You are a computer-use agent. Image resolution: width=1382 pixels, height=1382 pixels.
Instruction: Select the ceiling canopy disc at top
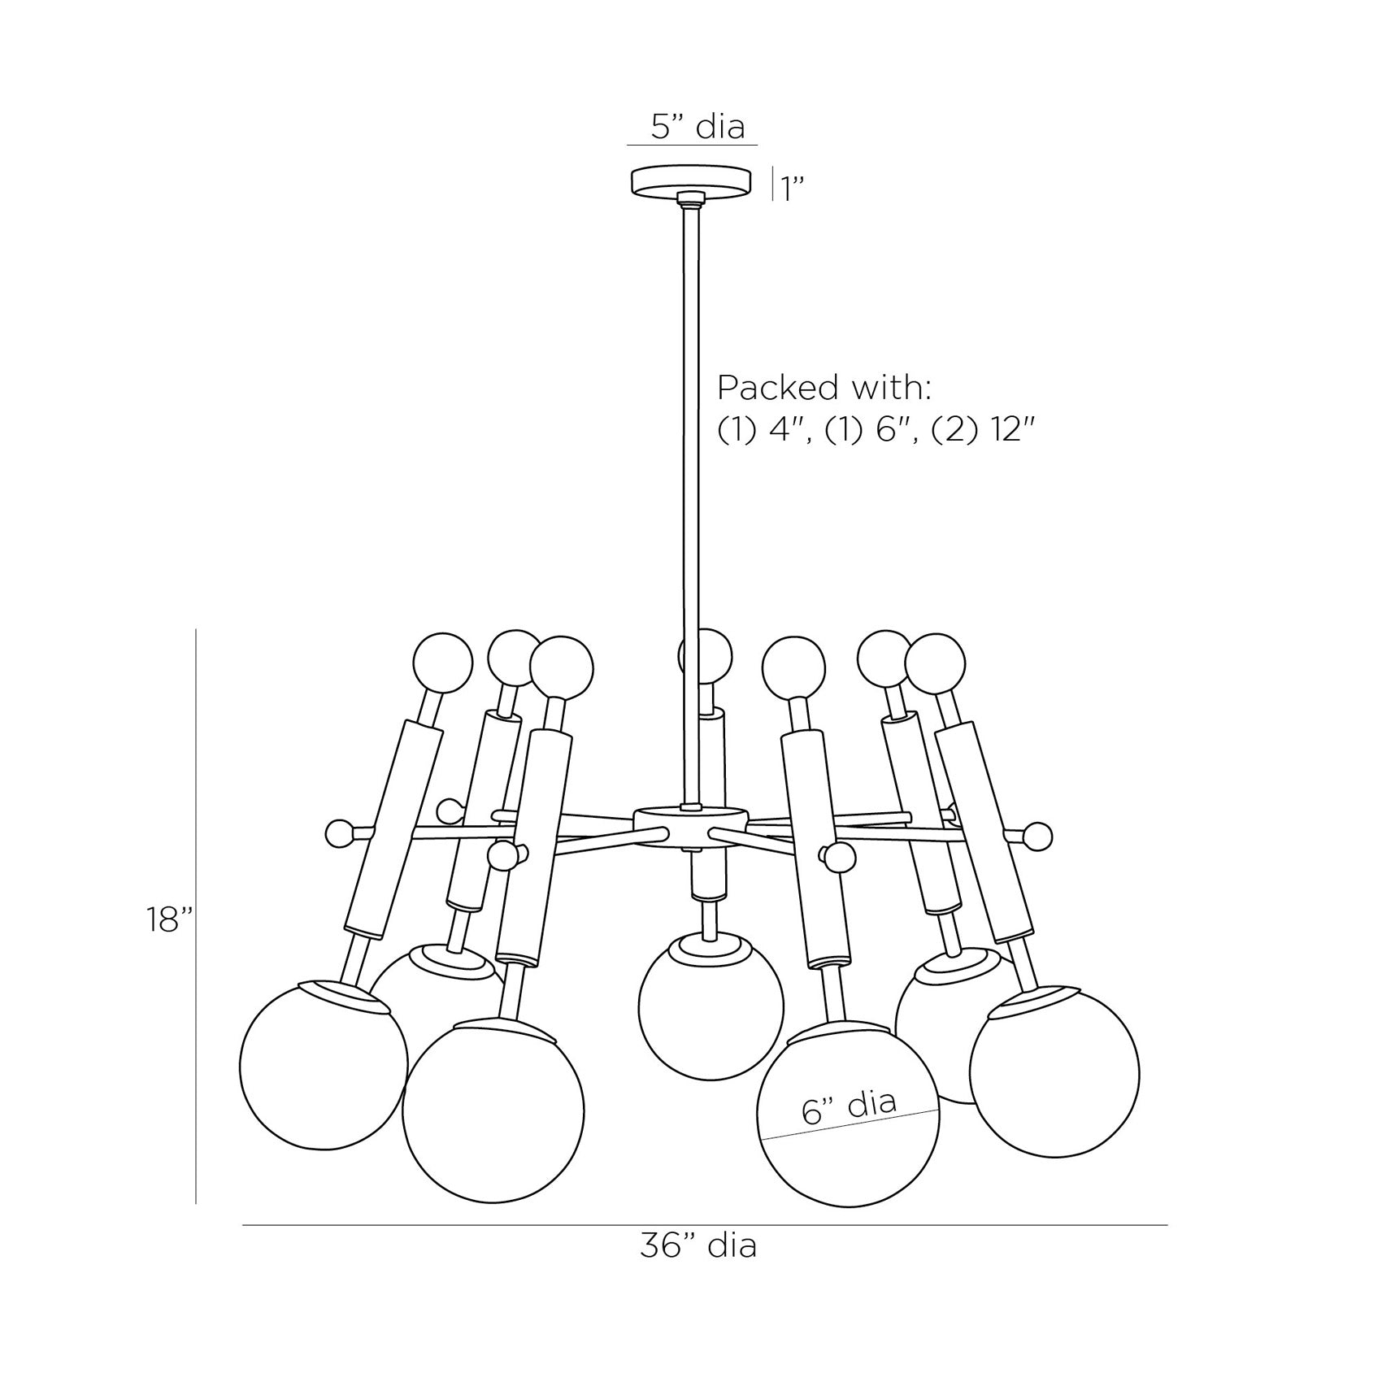691,181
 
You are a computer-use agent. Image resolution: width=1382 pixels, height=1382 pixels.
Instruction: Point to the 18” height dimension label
170,919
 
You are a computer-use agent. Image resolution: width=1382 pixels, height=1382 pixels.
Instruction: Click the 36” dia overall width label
698,1269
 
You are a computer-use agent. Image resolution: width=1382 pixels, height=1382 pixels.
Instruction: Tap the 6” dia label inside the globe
849,1106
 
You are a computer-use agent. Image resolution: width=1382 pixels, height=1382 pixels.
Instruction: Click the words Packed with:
824,389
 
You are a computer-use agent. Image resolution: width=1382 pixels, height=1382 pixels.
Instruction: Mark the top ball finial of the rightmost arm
937,665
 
